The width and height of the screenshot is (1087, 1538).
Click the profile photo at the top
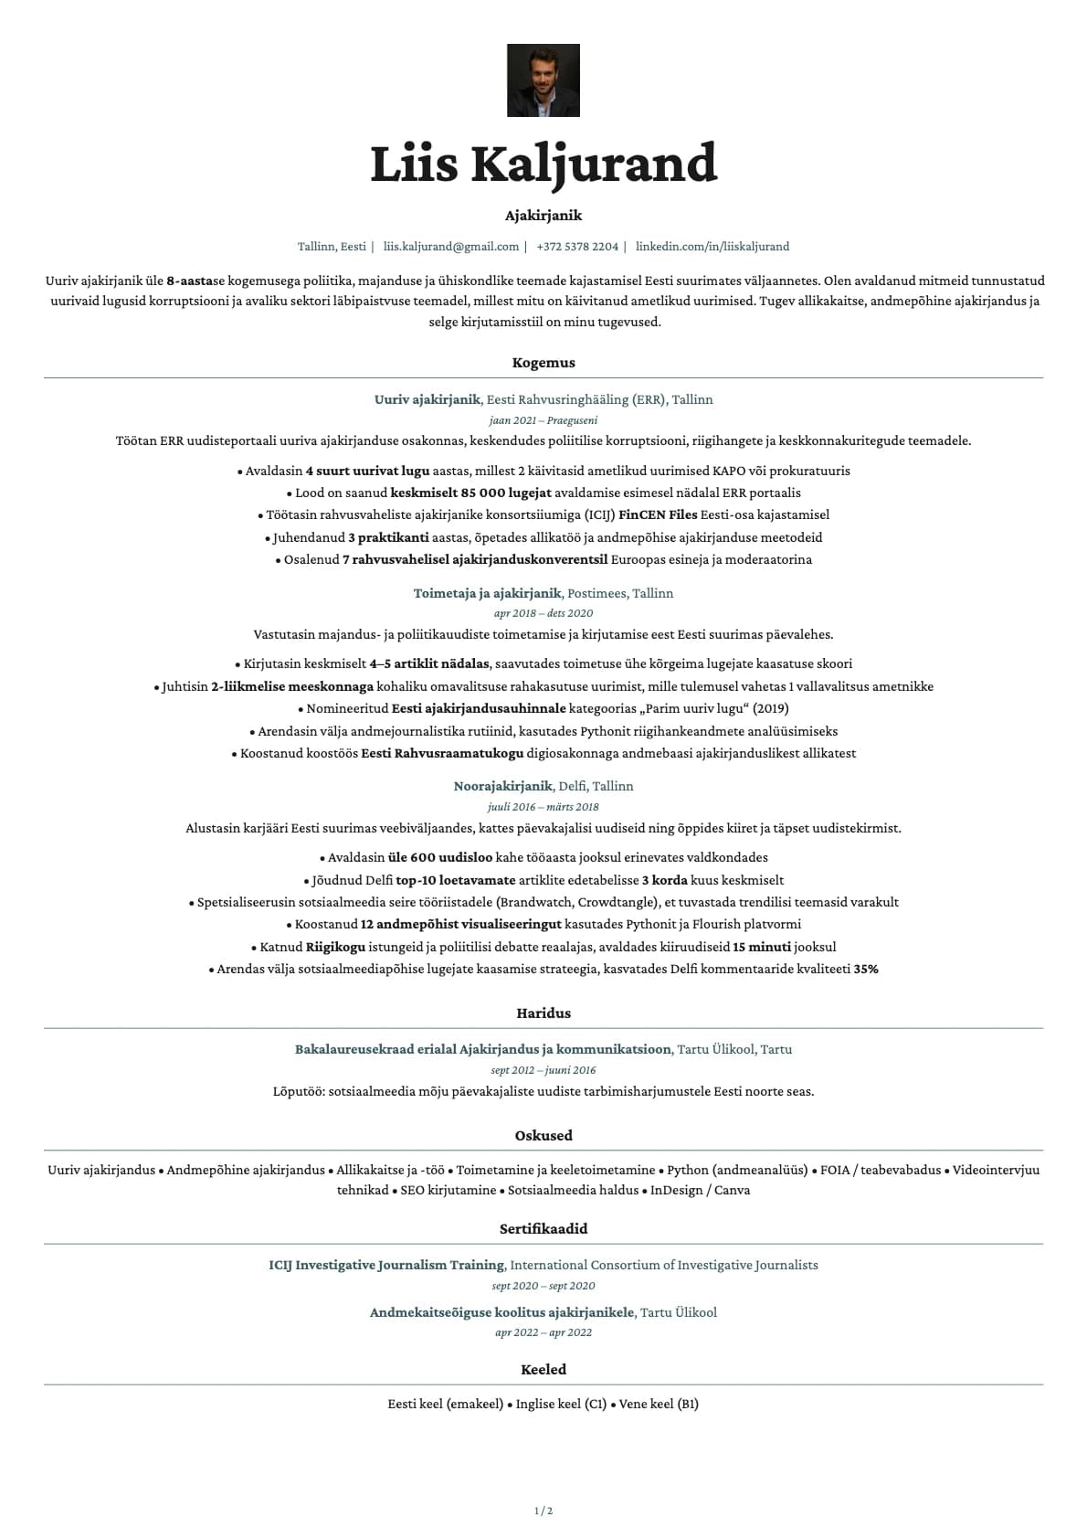point(543,80)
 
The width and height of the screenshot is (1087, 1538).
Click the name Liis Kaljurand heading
point(543,164)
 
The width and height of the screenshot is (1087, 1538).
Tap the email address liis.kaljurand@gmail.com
point(451,247)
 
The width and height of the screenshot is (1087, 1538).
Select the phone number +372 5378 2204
point(577,247)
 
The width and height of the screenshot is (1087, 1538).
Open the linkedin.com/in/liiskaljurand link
point(712,247)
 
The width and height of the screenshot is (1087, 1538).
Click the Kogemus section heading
point(543,363)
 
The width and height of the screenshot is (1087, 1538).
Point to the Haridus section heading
point(543,1013)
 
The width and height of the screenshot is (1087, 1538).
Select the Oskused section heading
point(543,1136)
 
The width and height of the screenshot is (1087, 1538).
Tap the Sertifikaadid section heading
point(543,1229)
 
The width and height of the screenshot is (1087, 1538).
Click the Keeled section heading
point(543,1370)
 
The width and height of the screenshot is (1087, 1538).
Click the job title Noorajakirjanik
point(503,787)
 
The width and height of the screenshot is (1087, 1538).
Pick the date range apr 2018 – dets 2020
point(543,613)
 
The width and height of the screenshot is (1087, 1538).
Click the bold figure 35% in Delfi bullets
point(866,970)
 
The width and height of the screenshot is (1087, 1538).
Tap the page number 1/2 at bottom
point(543,1511)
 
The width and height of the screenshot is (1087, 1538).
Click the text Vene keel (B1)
point(659,1405)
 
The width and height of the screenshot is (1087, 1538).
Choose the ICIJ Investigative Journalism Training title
point(386,1266)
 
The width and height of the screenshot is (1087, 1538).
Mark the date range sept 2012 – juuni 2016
point(543,1070)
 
